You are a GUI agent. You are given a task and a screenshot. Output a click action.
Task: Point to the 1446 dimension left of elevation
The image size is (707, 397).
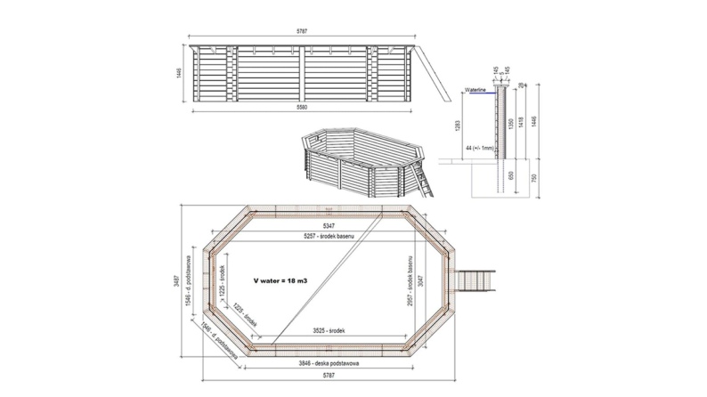point(178,73)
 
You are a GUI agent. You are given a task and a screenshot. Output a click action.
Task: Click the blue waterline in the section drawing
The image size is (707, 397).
point(482,94)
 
